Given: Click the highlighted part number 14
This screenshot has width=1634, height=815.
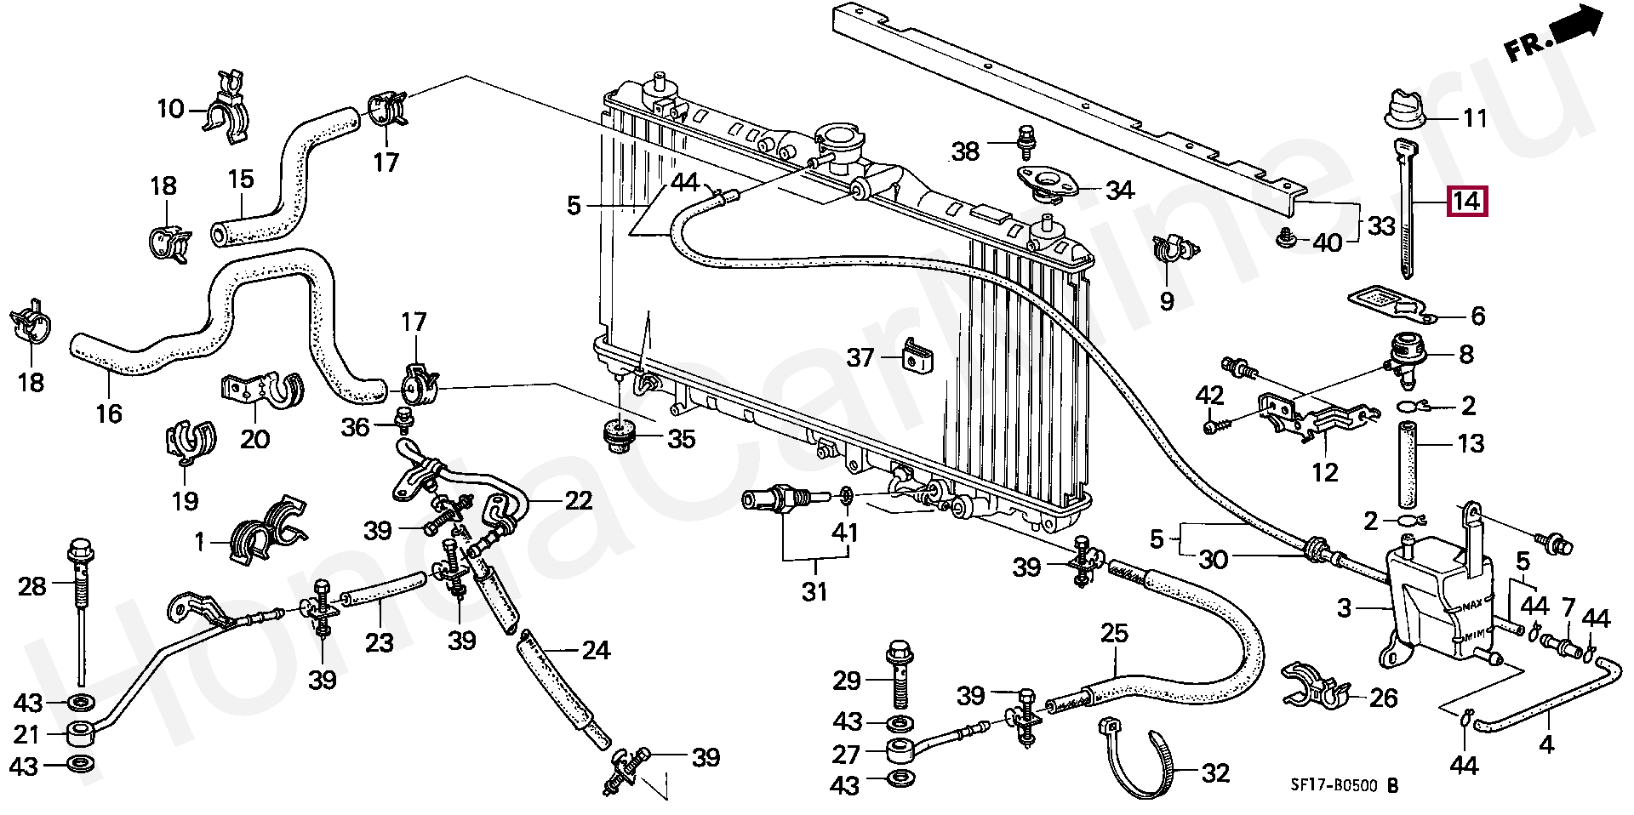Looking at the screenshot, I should pos(1466,202).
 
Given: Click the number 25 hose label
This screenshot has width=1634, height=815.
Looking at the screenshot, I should pos(1114,633).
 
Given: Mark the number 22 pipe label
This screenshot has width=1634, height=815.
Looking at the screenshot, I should pos(579,500).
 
